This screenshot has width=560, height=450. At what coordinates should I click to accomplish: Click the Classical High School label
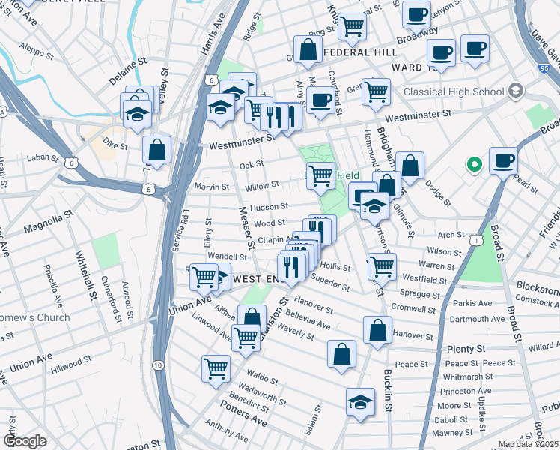[x=454, y=92]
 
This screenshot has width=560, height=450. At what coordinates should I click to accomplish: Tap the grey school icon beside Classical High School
[x=514, y=91]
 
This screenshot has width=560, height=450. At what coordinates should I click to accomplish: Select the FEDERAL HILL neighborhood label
[x=361, y=52]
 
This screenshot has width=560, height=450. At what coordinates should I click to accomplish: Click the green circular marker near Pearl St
[x=473, y=163]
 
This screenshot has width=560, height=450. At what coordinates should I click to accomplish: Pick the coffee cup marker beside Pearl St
[x=503, y=160]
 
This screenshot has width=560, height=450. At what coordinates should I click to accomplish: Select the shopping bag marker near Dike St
[x=156, y=150]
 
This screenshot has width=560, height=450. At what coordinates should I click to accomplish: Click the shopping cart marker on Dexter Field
[x=320, y=175]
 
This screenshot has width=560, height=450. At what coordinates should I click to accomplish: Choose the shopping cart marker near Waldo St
[x=216, y=368]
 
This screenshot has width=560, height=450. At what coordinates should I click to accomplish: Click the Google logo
[x=25, y=441]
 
